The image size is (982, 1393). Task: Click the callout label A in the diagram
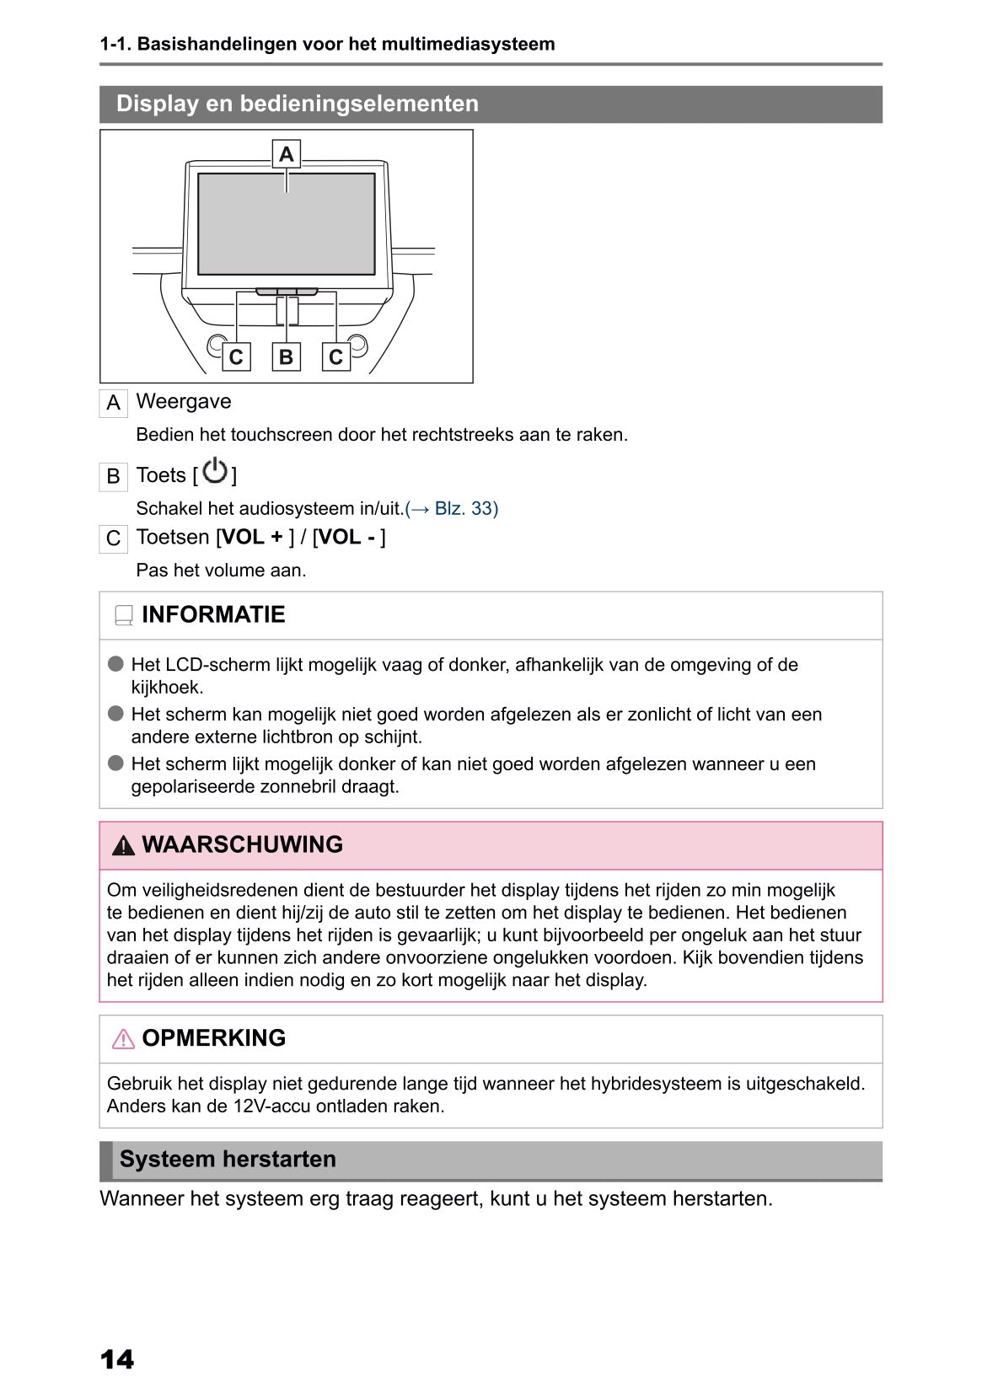coord(287,154)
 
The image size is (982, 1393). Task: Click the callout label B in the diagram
coord(287,356)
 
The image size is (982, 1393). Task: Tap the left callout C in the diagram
coord(236,356)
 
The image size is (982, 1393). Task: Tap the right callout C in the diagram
coord(336,356)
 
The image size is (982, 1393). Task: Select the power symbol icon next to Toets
coord(216,471)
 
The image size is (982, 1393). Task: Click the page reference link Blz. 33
coord(452,509)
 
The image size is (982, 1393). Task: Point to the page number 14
coord(117,1359)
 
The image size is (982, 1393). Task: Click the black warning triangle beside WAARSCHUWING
coord(123,846)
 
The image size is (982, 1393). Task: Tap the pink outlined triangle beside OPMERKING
coord(123,1039)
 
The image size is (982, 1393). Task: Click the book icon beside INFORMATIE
coord(124,616)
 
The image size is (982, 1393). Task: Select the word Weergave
coord(184,402)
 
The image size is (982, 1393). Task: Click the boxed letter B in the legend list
coord(113,477)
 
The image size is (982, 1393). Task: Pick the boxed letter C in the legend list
coord(113,538)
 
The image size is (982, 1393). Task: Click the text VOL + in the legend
coord(253,538)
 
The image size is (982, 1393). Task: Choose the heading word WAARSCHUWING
coord(243,844)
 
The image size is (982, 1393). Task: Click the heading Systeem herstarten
coord(228,1160)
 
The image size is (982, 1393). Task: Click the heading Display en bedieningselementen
coord(298,104)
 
